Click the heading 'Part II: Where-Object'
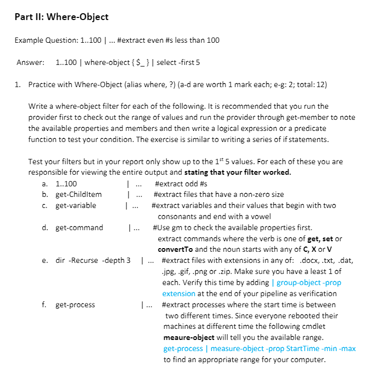pyautogui.click(x=62, y=17)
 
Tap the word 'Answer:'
pyautogui.click(x=30, y=63)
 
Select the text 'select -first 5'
pyautogui.click(x=178, y=63)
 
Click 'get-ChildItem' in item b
pyautogui.click(x=79, y=194)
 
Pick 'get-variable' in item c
pyautogui.click(x=76, y=205)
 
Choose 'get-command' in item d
pyautogui.click(x=79, y=228)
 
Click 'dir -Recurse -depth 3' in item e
pyautogui.click(x=93, y=261)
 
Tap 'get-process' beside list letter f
pyautogui.click(x=75, y=305)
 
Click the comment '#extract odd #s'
pyautogui.click(x=182, y=184)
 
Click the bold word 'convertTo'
pyautogui.click(x=176, y=250)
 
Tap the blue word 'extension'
pyautogui.click(x=178, y=294)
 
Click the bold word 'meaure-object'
pyautogui.click(x=189, y=337)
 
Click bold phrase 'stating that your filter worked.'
pyautogui.click(x=238, y=173)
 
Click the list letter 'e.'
pyautogui.click(x=45, y=261)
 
